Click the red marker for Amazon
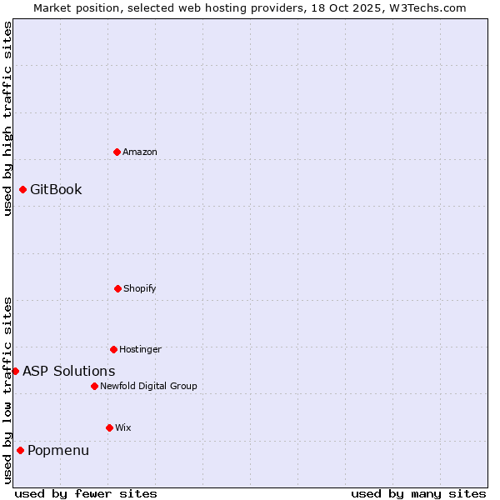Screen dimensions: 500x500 (x=117, y=152)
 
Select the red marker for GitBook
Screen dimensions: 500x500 (x=22, y=189)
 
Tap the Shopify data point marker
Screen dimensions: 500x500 (x=117, y=288)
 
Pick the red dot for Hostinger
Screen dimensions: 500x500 (x=113, y=349)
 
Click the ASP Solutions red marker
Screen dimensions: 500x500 (x=15, y=371)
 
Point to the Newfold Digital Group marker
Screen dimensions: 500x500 (x=94, y=386)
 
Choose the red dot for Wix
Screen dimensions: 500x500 (x=109, y=427)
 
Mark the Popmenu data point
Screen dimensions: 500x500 (x=20, y=450)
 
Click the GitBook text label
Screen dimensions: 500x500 (x=56, y=189)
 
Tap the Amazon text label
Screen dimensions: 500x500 (x=140, y=152)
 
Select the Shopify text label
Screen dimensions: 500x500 (x=140, y=288)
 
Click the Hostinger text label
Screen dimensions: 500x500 (x=140, y=349)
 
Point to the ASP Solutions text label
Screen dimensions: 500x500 (x=69, y=371)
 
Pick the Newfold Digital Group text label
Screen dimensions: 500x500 (x=148, y=386)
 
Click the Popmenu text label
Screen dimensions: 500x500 (x=58, y=450)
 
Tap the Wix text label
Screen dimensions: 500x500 (x=123, y=427)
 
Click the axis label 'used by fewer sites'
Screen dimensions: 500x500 (x=86, y=493)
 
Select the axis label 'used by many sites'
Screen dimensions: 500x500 (x=418, y=493)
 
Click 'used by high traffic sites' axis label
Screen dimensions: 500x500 (x=7, y=118)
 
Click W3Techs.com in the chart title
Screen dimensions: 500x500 (x=428, y=7)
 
